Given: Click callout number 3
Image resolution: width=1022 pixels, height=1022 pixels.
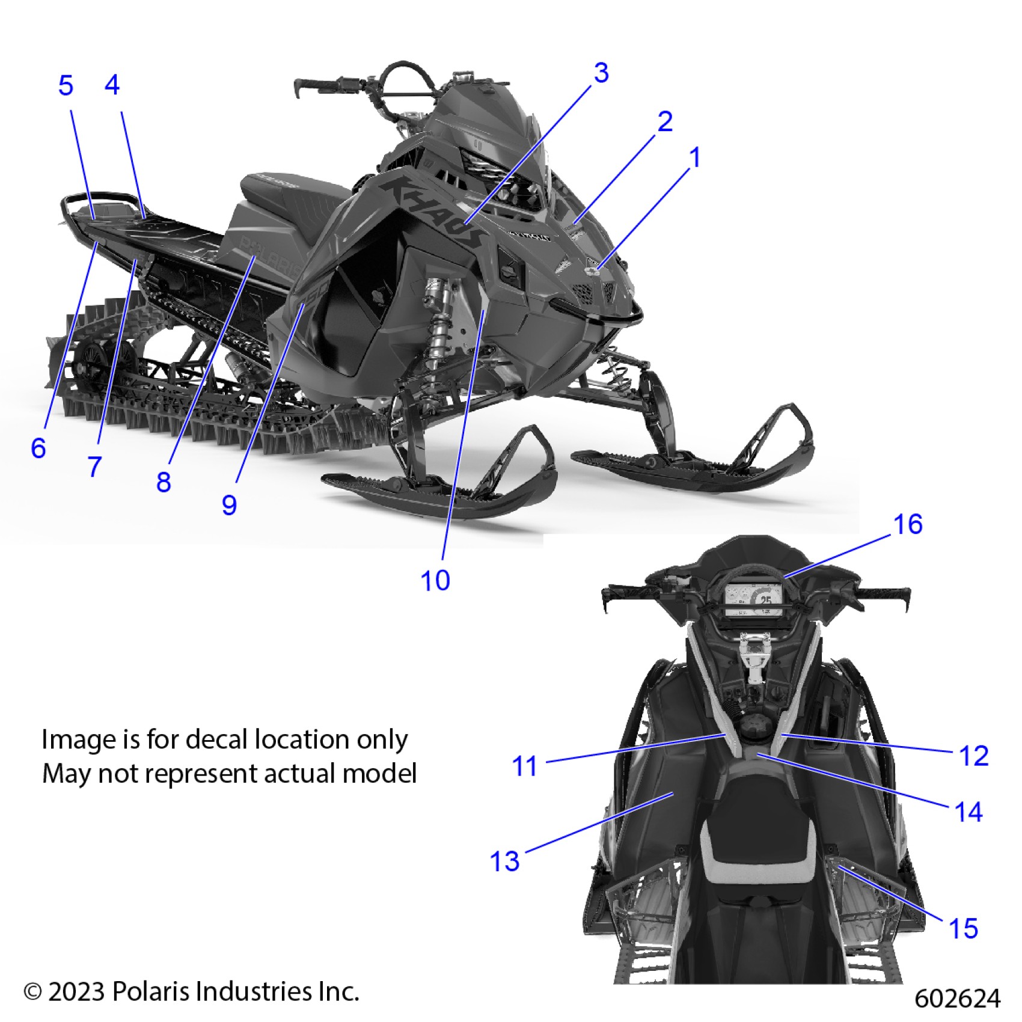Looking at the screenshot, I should (601, 73).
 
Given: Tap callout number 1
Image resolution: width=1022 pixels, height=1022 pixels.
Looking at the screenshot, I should (695, 158).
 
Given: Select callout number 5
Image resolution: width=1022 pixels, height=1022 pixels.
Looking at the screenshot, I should (66, 85).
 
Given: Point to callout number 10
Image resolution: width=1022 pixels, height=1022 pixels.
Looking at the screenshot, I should (435, 581).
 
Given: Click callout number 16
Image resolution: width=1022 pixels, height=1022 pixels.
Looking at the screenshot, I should (908, 524).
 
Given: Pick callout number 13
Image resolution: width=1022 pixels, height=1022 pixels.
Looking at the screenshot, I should (505, 861).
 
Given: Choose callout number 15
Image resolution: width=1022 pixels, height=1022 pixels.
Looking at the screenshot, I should (963, 928).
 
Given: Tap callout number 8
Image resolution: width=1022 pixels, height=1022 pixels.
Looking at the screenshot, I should (164, 482).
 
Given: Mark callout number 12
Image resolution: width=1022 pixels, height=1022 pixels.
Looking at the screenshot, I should (973, 756).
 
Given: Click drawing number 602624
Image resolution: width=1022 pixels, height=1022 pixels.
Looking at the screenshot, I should (957, 999).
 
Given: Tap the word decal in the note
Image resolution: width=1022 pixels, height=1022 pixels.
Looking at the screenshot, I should (218, 739).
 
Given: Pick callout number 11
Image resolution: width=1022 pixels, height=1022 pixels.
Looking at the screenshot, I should (524, 766).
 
